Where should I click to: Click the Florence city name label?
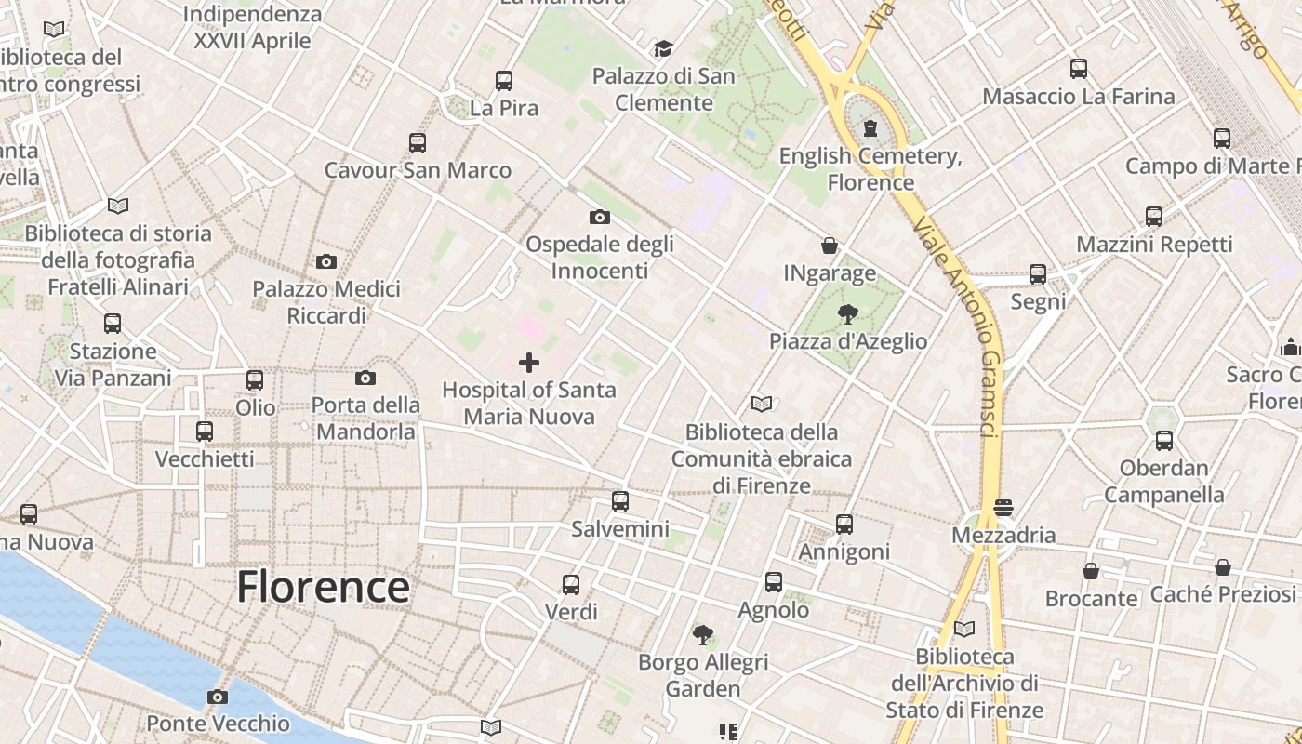(x=323, y=587)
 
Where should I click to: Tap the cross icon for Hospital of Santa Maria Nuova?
(x=529, y=362)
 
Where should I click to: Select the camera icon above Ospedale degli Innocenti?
(x=600, y=218)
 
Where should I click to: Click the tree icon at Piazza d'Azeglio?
(x=847, y=313)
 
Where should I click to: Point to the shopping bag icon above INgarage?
(x=830, y=246)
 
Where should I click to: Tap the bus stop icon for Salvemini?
(x=620, y=501)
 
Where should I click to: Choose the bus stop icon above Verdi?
(x=571, y=585)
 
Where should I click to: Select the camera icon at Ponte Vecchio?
(x=218, y=697)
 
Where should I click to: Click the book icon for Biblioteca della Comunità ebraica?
(x=762, y=405)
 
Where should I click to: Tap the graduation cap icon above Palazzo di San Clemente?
(x=663, y=48)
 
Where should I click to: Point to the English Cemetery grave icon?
(x=870, y=127)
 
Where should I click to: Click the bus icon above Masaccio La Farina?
(x=1079, y=69)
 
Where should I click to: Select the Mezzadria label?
(x=1003, y=536)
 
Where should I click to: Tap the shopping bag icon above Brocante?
(x=1091, y=571)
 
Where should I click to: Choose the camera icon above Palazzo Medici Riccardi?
(x=326, y=261)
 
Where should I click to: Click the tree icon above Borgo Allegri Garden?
(x=703, y=635)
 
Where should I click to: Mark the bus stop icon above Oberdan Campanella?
(x=1164, y=441)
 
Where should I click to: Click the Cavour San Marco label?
(x=418, y=170)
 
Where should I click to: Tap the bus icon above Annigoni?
(x=844, y=525)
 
